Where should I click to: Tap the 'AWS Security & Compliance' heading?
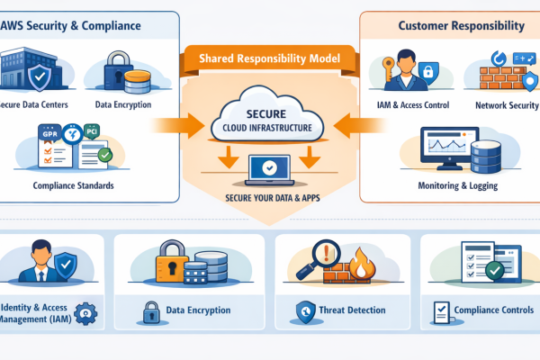click(x=76, y=25)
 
